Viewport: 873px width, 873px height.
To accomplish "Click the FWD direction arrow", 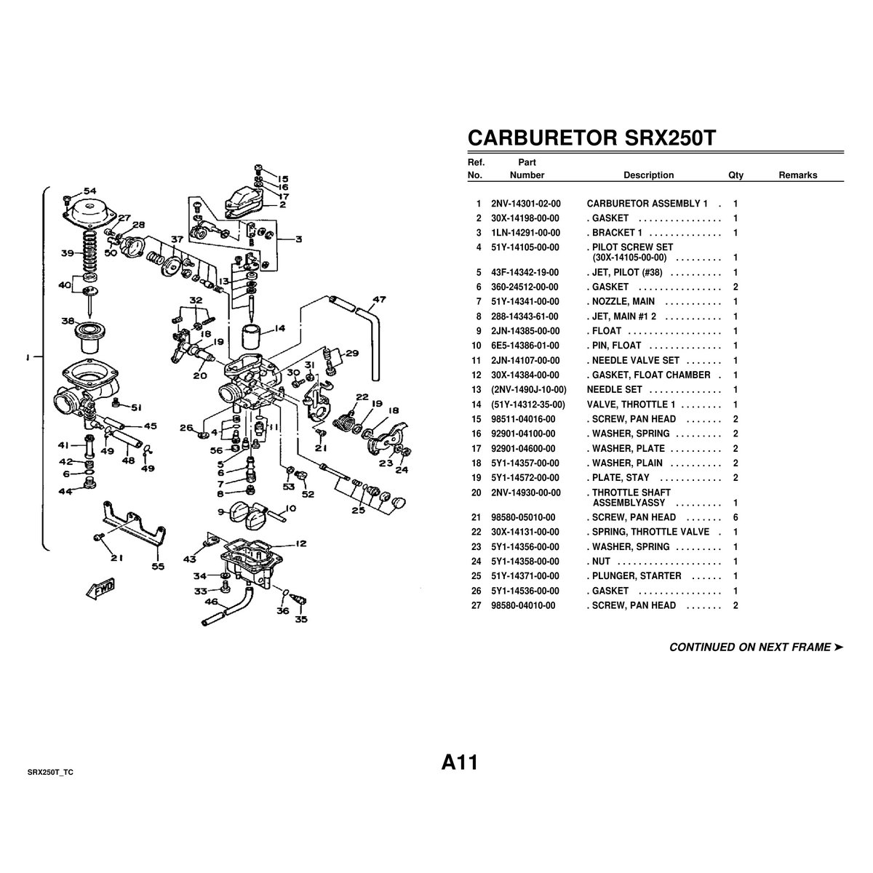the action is click(100, 589).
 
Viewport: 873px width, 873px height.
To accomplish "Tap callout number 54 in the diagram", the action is click(90, 191).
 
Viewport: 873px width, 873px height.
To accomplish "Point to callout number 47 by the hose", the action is click(379, 299).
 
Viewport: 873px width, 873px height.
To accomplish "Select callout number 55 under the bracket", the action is click(158, 566).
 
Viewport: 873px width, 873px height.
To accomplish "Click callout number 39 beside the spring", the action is click(68, 252).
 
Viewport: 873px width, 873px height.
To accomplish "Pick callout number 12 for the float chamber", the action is click(300, 543).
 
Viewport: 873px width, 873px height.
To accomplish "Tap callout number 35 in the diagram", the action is click(301, 619).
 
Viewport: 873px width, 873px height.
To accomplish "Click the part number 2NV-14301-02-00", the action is click(525, 204).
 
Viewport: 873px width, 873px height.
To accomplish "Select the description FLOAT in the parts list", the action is click(607, 331).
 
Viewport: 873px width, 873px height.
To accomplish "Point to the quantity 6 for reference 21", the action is click(736, 517).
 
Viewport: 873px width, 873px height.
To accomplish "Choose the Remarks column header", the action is click(798, 175).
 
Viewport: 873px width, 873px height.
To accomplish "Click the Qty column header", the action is click(736, 175).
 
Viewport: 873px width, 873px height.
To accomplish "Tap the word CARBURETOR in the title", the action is click(542, 137).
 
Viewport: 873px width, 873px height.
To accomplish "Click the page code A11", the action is click(459, 762).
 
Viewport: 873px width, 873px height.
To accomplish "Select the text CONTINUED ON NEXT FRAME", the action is click(750, 647).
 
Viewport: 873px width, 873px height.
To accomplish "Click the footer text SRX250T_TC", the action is click(50, 773).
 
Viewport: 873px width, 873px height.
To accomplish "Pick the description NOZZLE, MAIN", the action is click(623, 302).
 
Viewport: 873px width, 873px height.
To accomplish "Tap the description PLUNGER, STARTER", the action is click(637, 576).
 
